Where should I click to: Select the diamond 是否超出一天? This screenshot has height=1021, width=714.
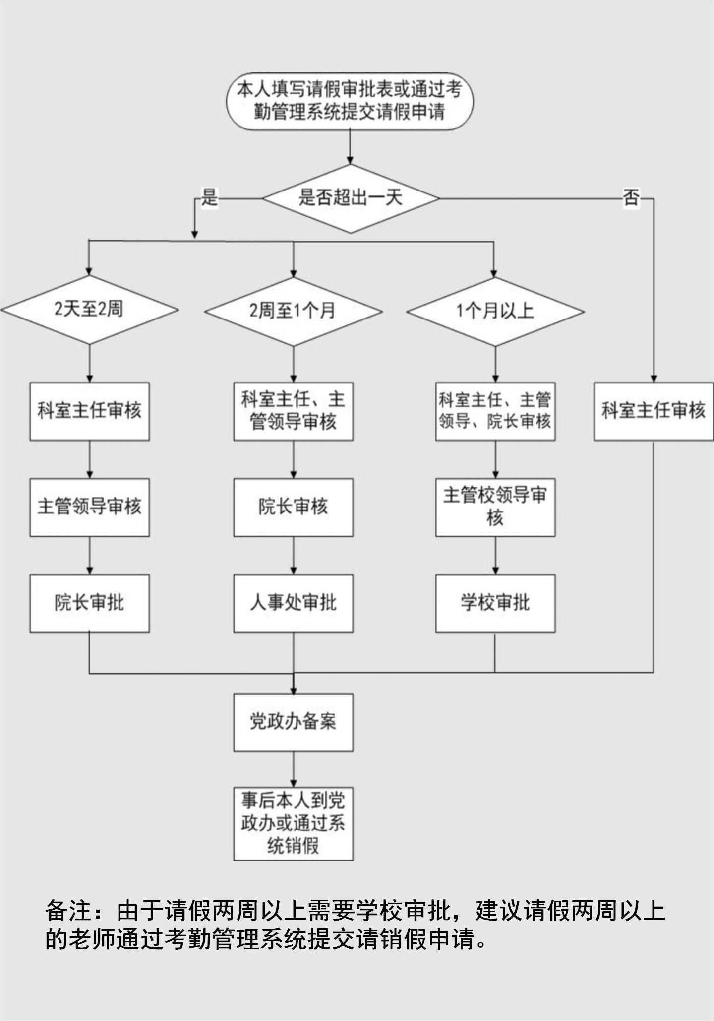pyautogui.click(x=351, y=198)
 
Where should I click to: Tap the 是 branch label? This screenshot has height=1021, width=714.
pyautogui.click(x=209, y=197)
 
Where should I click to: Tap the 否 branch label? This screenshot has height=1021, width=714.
pyautogui.click(x=631, y=198)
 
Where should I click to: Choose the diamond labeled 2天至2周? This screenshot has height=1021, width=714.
pyautogui.click(x=89, y=310)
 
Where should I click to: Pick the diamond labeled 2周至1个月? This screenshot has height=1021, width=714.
pyautogui.click(x=293, y=311)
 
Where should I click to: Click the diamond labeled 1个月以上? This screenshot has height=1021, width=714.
pyautogui.click(x=495, y=311)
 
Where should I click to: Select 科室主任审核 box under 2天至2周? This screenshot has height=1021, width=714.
pyautogui.click(x=89, y=411)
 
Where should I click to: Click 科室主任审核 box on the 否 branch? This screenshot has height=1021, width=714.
pyautogui.click(x=653, y=411)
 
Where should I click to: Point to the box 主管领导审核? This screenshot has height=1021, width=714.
pyautogui.click(x=89, y=507)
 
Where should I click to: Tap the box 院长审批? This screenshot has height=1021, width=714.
pyautogui.click(x=89, y=603)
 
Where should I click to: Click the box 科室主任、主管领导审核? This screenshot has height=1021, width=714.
pyautogui.click(x=293, y=411)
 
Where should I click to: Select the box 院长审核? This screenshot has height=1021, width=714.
pyautogui.click(x=293, y=507)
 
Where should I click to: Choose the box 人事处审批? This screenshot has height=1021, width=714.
pyautogui.click(x=293, y=603)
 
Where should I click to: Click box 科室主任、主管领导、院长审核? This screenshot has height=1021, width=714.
pyautogui.click(x=495, y=411)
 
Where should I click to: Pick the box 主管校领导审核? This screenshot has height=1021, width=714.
pyautogui.click(x=495, y=507)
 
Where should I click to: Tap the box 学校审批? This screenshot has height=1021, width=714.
pyautogui.click(x=495, y=603)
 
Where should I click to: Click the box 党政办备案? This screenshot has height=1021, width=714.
pyautogui.click(x=293, y=722)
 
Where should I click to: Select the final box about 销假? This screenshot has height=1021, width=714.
pyautogui.click(x=293, y=824)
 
